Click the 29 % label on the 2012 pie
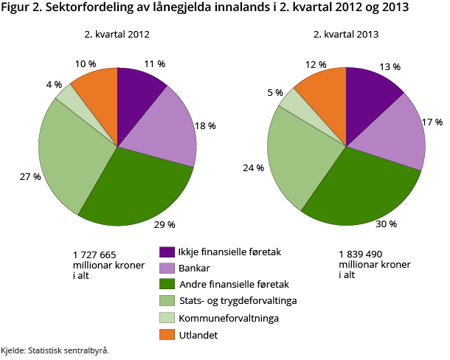click(165, 224)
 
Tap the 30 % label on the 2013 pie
click(387, 224)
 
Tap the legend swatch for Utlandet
click(167, 335)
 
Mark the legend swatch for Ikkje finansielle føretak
click(167, 252)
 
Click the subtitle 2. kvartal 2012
click(117, 34)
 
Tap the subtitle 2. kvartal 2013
click(347, 34)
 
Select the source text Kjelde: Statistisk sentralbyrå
click(55, 350)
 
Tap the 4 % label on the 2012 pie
click(53, 84)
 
